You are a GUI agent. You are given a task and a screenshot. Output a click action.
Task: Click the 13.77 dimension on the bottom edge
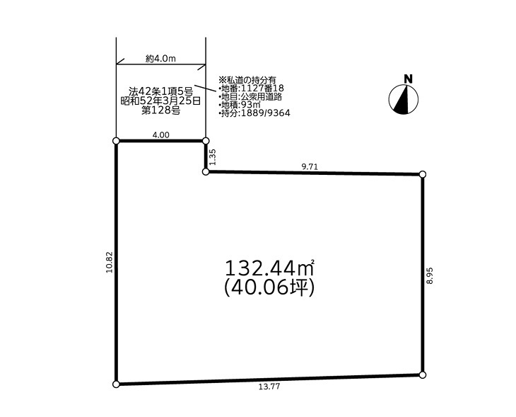point(269,387)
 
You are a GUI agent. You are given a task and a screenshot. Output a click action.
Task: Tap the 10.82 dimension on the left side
point(110,262)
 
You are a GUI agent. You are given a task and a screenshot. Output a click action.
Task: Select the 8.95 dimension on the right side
point(430,275)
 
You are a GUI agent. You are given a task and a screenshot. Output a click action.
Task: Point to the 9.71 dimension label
point(310,166)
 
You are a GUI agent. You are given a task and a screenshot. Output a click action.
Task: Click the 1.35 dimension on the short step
point(213,157)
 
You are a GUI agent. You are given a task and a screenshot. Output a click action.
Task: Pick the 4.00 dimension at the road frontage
point(161,135)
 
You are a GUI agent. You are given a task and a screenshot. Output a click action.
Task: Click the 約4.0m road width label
point(160,59)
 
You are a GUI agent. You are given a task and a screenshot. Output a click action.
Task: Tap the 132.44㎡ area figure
point(269,268)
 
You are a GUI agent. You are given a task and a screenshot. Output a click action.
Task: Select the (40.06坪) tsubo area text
point(269,287)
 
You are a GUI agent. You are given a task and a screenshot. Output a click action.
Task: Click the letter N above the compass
point(408,79)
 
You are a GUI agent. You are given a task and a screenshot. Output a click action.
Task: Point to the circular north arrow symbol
point(404,99)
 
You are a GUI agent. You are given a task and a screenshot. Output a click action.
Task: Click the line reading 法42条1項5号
point(160,91)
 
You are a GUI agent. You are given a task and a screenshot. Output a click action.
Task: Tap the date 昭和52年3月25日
point(160,101)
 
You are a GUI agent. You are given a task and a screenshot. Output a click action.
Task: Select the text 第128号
point(160,110)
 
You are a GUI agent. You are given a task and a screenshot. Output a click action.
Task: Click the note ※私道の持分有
point(247,80)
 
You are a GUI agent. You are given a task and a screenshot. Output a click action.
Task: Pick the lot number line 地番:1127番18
point(251,88)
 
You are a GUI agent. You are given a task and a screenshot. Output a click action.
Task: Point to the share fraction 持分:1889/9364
point(254,113)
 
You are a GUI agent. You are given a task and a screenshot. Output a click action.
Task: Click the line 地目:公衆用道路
point(250,96)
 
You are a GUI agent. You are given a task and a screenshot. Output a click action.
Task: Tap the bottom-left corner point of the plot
point(116,384)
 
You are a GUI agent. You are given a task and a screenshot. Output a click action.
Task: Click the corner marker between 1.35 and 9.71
point(206,172)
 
